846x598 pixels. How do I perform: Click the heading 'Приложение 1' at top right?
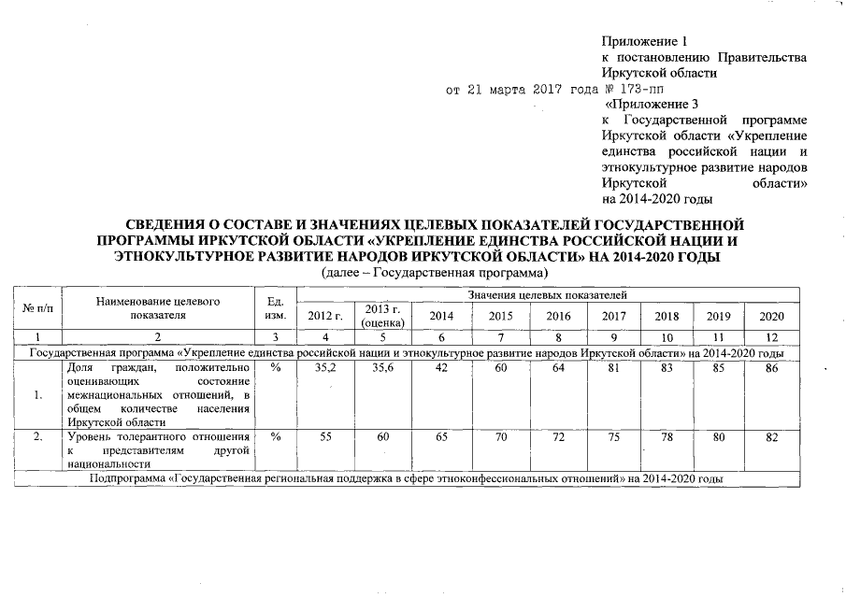pos(645,41)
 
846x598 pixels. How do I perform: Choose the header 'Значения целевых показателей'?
pos(548,295)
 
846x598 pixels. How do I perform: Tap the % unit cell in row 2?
pos(275,436)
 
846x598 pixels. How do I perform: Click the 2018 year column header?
pos(667,316)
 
